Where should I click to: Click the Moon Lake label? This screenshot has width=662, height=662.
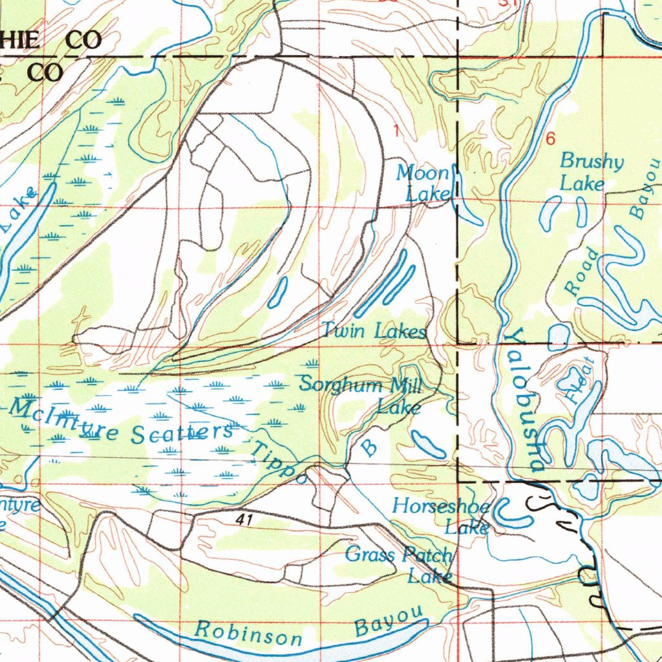pos(423,183)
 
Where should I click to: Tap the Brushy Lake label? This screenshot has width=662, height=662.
pos(591,172)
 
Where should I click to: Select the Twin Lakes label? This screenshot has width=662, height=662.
pos(374,332)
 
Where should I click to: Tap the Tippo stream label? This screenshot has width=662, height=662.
pos(279,463)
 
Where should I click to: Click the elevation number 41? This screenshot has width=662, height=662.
pos(244,519)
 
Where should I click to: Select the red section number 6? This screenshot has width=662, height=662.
pos(550,139)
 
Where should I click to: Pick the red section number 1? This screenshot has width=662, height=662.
pos(396,131)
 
